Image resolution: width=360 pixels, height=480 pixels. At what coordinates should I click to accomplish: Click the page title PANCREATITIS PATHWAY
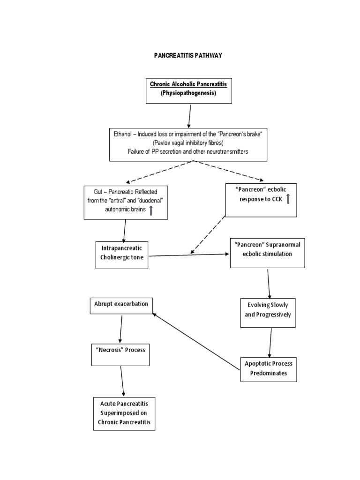point(188,55)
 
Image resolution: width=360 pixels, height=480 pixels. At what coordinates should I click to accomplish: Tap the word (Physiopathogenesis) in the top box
point(188,93)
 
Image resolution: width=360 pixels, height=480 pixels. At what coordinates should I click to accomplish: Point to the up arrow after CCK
point(288,199)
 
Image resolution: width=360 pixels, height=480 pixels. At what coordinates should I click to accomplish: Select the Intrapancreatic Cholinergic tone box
point(122,255)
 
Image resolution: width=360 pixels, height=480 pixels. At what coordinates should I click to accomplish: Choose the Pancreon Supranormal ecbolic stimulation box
point(267,253)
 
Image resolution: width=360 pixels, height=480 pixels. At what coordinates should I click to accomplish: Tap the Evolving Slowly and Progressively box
point(268,310)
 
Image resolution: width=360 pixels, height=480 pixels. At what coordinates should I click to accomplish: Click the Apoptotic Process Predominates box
point(269,369)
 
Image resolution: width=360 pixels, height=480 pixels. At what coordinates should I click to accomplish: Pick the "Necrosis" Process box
point(120,354)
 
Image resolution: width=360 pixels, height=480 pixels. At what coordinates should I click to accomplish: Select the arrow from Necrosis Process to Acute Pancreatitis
point(122,381)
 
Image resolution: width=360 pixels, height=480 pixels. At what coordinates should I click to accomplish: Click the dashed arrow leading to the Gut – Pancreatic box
point(159,171)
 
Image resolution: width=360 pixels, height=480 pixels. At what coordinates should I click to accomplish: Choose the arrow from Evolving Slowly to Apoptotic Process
point(270,342)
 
